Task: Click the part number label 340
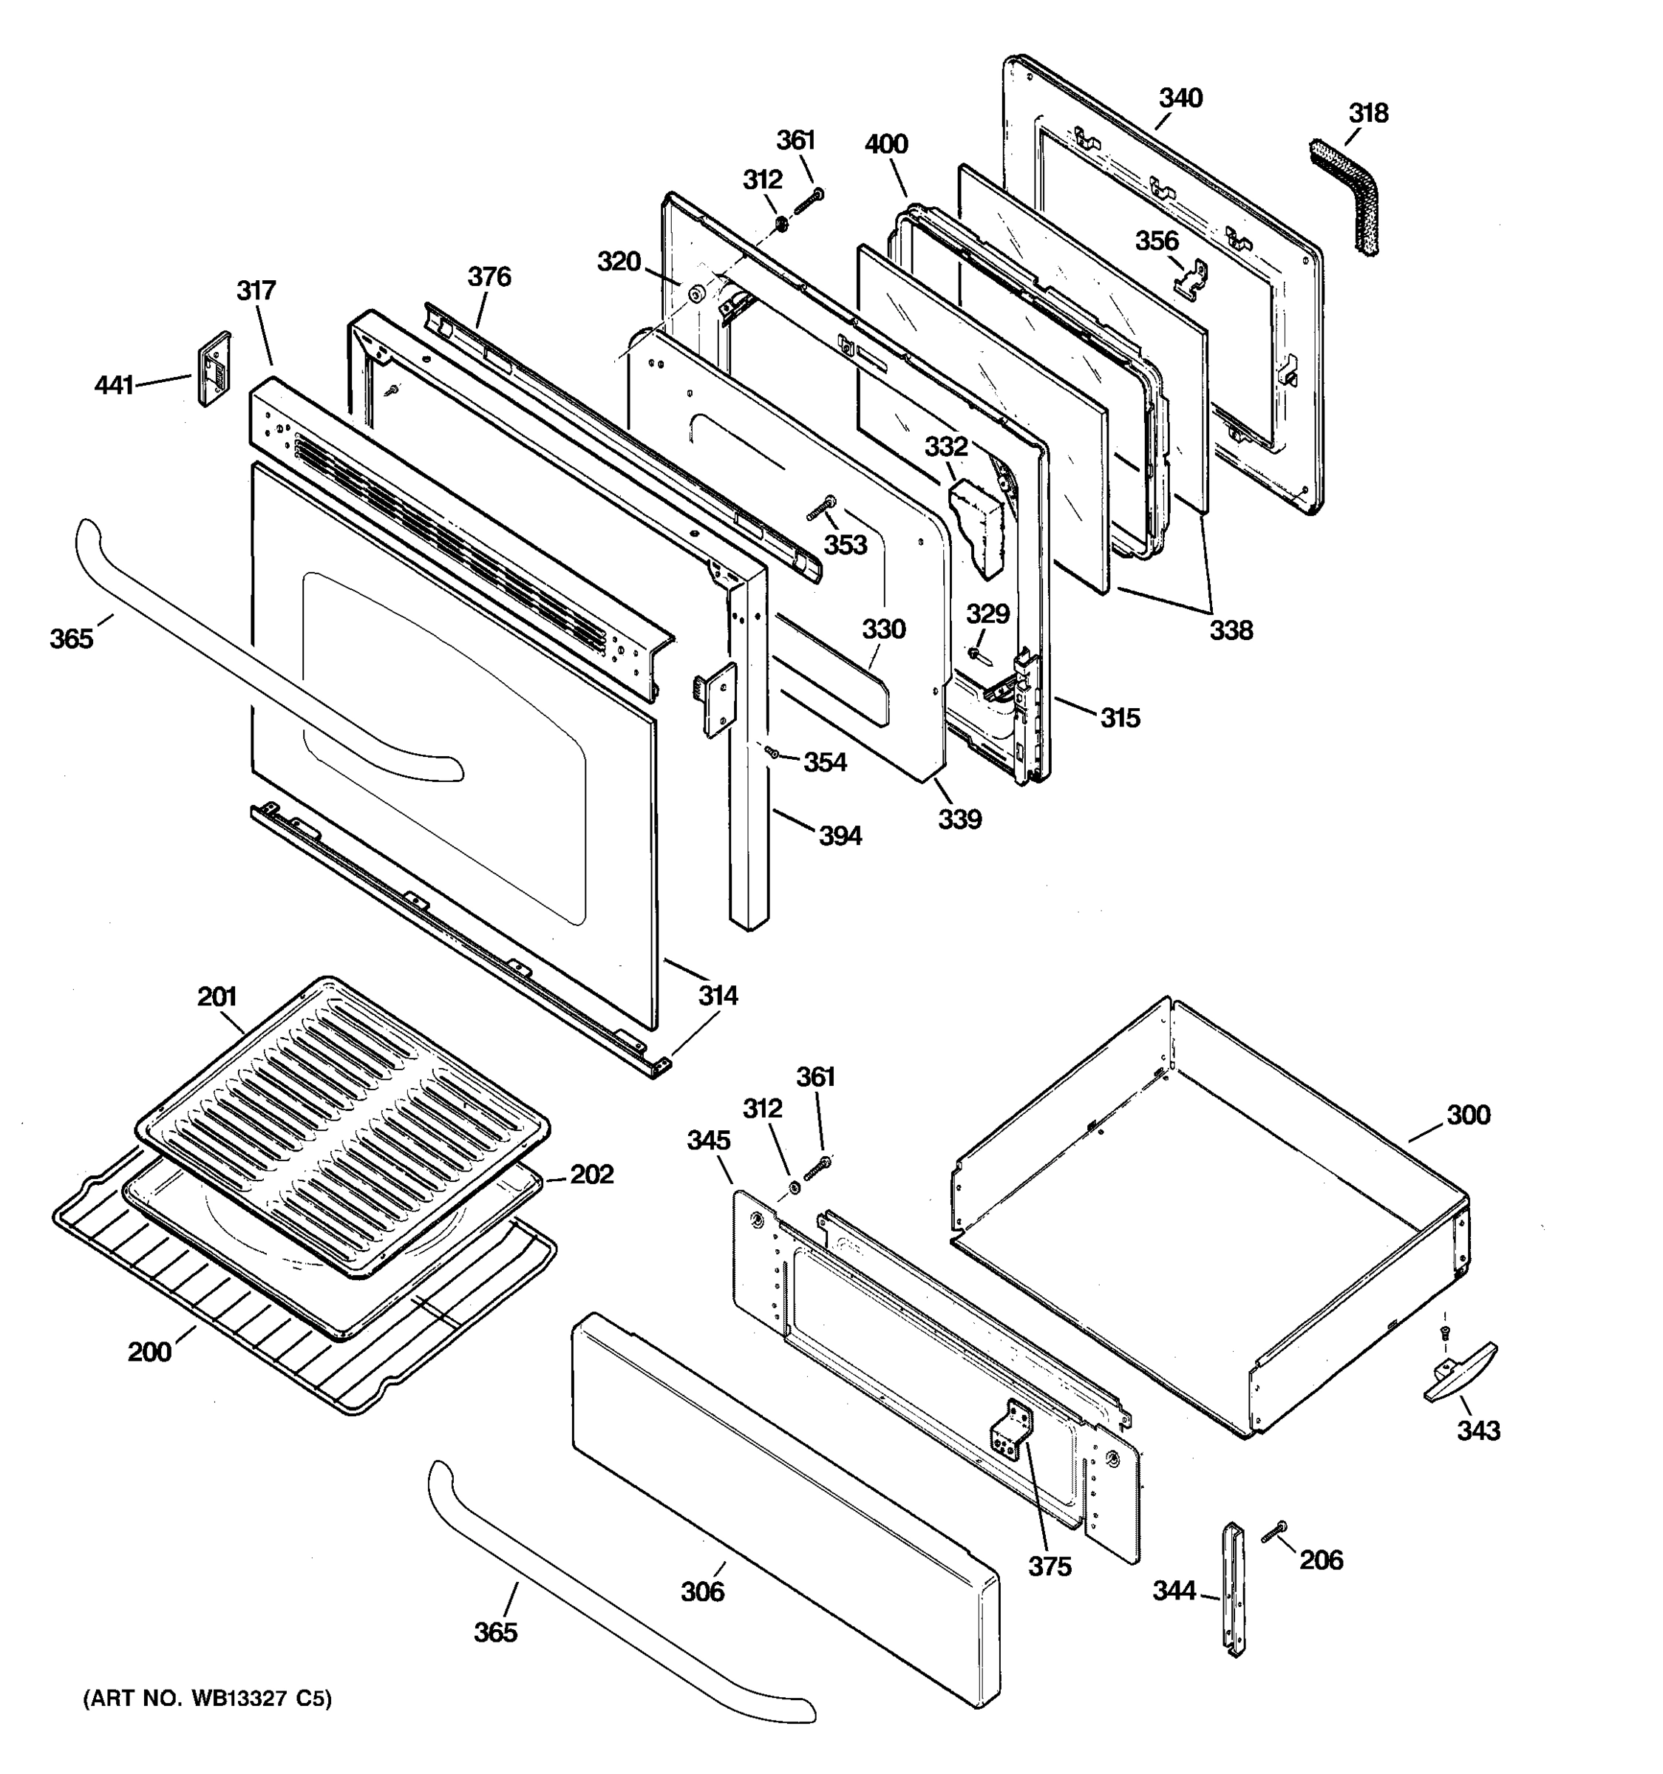[1180, 98]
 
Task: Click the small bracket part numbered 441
[213, 369]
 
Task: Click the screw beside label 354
[772, 754]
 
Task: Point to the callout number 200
[149, 1352]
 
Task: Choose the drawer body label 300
[1468, 1115]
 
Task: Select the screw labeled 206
[1274, 1532]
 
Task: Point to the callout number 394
[840, 835]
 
